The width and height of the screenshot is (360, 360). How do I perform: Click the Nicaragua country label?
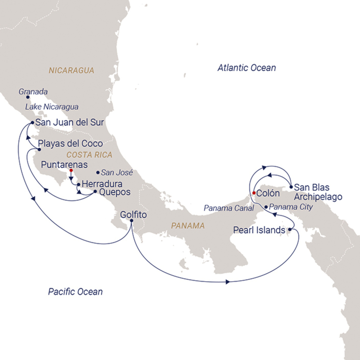pos(72,71)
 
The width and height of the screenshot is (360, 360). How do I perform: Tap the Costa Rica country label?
pos(89,155)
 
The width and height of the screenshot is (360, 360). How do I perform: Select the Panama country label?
pos(188,225)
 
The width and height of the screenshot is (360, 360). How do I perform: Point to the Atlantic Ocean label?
pos(246,68)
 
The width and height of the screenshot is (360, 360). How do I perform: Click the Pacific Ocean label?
pos(75,291)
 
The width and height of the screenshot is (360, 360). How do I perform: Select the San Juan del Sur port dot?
pos(32,123)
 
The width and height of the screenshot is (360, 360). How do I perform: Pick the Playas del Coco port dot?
pos(33,149)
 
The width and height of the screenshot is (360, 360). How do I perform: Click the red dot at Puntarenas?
pos(71,170)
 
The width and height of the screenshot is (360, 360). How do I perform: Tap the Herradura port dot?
pos(78,184)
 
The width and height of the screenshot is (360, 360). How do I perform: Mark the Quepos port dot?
pos(95,192)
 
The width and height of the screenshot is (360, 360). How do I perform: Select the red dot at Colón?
pos(253,193)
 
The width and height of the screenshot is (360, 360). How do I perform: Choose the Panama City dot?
pos(266,207)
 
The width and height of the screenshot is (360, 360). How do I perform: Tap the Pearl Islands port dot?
pos(289,230)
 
